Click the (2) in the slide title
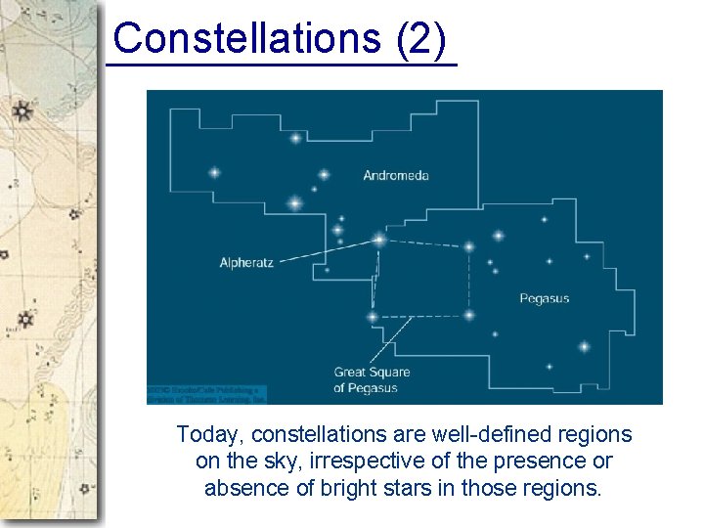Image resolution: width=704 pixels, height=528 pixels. pos(422,38)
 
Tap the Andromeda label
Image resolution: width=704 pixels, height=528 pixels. pos(396,176)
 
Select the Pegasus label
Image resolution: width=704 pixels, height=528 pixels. pos(544,298)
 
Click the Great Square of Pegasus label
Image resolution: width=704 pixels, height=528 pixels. pos(372,379)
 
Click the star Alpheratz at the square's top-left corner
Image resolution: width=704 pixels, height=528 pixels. pos(379,239)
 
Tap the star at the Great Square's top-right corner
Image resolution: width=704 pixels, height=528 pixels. pos(469,246)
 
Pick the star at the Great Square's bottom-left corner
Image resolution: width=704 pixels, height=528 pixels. pos(372,317)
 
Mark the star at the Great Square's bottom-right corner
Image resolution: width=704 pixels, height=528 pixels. pos(469,315)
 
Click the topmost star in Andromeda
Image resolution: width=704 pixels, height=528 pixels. pos(295,138)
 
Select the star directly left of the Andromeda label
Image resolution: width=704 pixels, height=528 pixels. pos(325,175)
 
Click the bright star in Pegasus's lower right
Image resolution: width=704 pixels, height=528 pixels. pos(584,346)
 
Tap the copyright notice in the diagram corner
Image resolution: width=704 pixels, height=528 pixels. pos(206,394)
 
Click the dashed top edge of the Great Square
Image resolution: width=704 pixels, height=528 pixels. pos(424,242)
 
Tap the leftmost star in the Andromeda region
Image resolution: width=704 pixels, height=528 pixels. pos(214,173)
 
